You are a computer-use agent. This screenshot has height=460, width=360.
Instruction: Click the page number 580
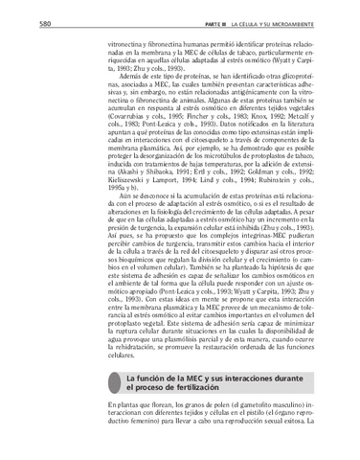(x=18, y=21)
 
